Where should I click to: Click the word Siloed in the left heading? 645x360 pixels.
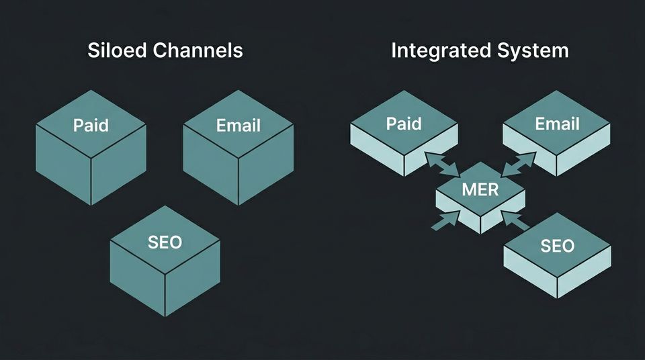[117, 50]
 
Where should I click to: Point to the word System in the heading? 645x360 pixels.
[537, 50]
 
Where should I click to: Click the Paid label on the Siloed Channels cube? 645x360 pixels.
[91, 125]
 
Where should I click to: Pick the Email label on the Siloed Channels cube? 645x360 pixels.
[238, 125]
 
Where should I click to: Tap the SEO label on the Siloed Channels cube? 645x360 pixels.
[165, 242]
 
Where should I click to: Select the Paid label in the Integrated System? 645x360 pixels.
[404, 124]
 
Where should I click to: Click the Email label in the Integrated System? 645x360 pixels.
[557, 124]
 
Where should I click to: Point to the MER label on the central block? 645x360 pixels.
[480, 189]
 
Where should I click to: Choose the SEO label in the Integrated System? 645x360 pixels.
[557, 246]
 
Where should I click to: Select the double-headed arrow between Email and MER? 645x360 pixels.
[518, 163]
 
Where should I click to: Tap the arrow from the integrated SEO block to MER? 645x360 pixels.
[513, 221]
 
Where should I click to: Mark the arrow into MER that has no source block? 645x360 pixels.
[445, 220]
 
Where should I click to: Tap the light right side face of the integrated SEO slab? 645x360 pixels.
[585, 277]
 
